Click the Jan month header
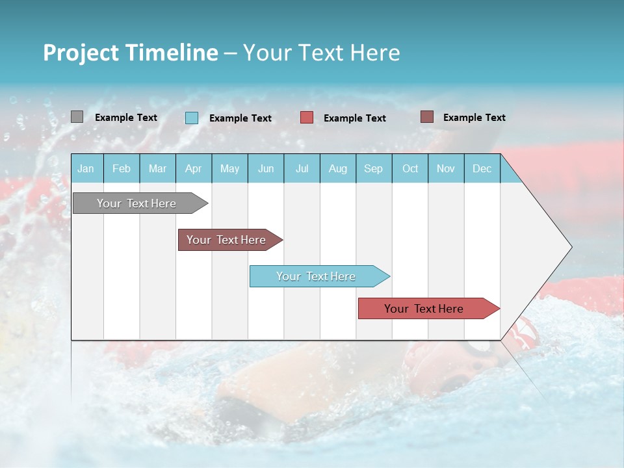pyautogui.click(x=86, y=168)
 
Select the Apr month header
pyautogui.click(x=193, y=168)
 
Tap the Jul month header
pyautogui.click(x=302, y=168)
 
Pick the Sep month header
pyautogui.click(x=373, y=168)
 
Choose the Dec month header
pyautogui.click(x=482, y=168)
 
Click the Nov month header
pyautogui.click(x=445, y=168)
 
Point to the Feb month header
pyautogui.click(x=122, y=168)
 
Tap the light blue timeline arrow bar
pyautogui.click(x=317, y=276)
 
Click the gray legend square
pyautogui.click(x=77, y=117)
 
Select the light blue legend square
pyautogui.click(x=192, y=118)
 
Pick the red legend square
pyautogui.click(x=307, y=118)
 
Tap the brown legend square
pyautogui.click(x=427, y=117)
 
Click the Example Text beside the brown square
pyautogui.click(x=474, y=118)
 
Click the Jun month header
pyautogui.click(x=265, y=168)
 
